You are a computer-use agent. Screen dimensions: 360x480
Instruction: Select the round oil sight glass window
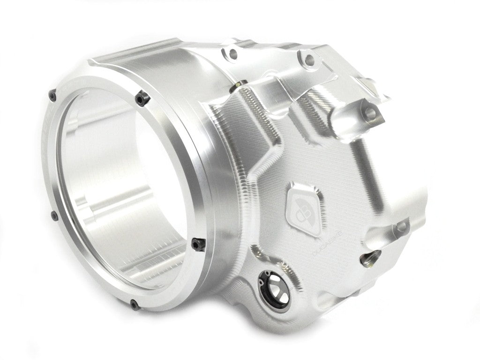(272, 286)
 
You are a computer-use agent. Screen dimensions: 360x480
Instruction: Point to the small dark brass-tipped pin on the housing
(240, 84)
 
